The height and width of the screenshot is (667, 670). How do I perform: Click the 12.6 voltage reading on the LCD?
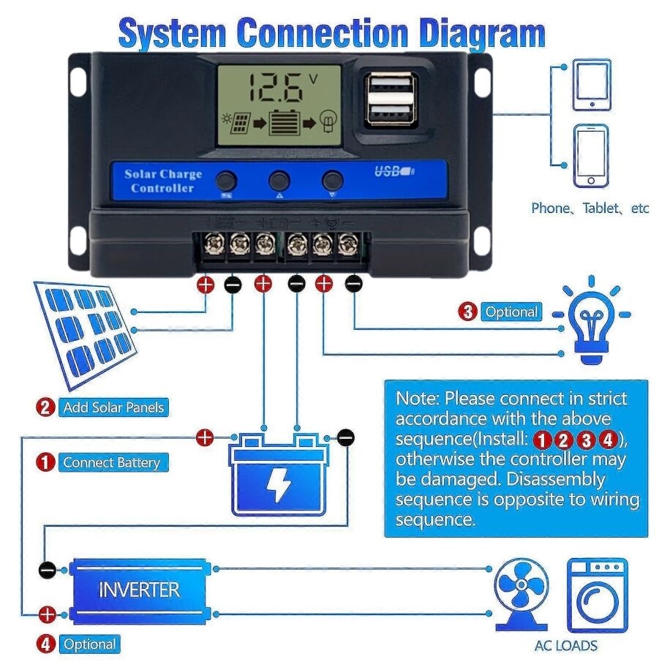point(275,88)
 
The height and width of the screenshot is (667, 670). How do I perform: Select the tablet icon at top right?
point(591,85)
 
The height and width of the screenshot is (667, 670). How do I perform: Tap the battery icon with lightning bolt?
point(279,475)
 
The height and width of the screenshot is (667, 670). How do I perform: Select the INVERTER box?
point(139,590)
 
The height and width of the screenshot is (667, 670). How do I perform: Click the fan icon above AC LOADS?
point(521,592)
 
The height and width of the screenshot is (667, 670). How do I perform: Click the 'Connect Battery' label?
point(111,462)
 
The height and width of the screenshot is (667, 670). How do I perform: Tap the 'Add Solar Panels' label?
point(113,407)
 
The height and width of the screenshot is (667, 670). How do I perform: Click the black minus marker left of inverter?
point(47,570)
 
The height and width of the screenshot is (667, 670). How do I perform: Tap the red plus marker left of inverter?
point(47,614)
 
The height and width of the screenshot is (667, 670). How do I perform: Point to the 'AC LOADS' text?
point(565,646)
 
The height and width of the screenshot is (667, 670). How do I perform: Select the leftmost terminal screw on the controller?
point(213,245)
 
